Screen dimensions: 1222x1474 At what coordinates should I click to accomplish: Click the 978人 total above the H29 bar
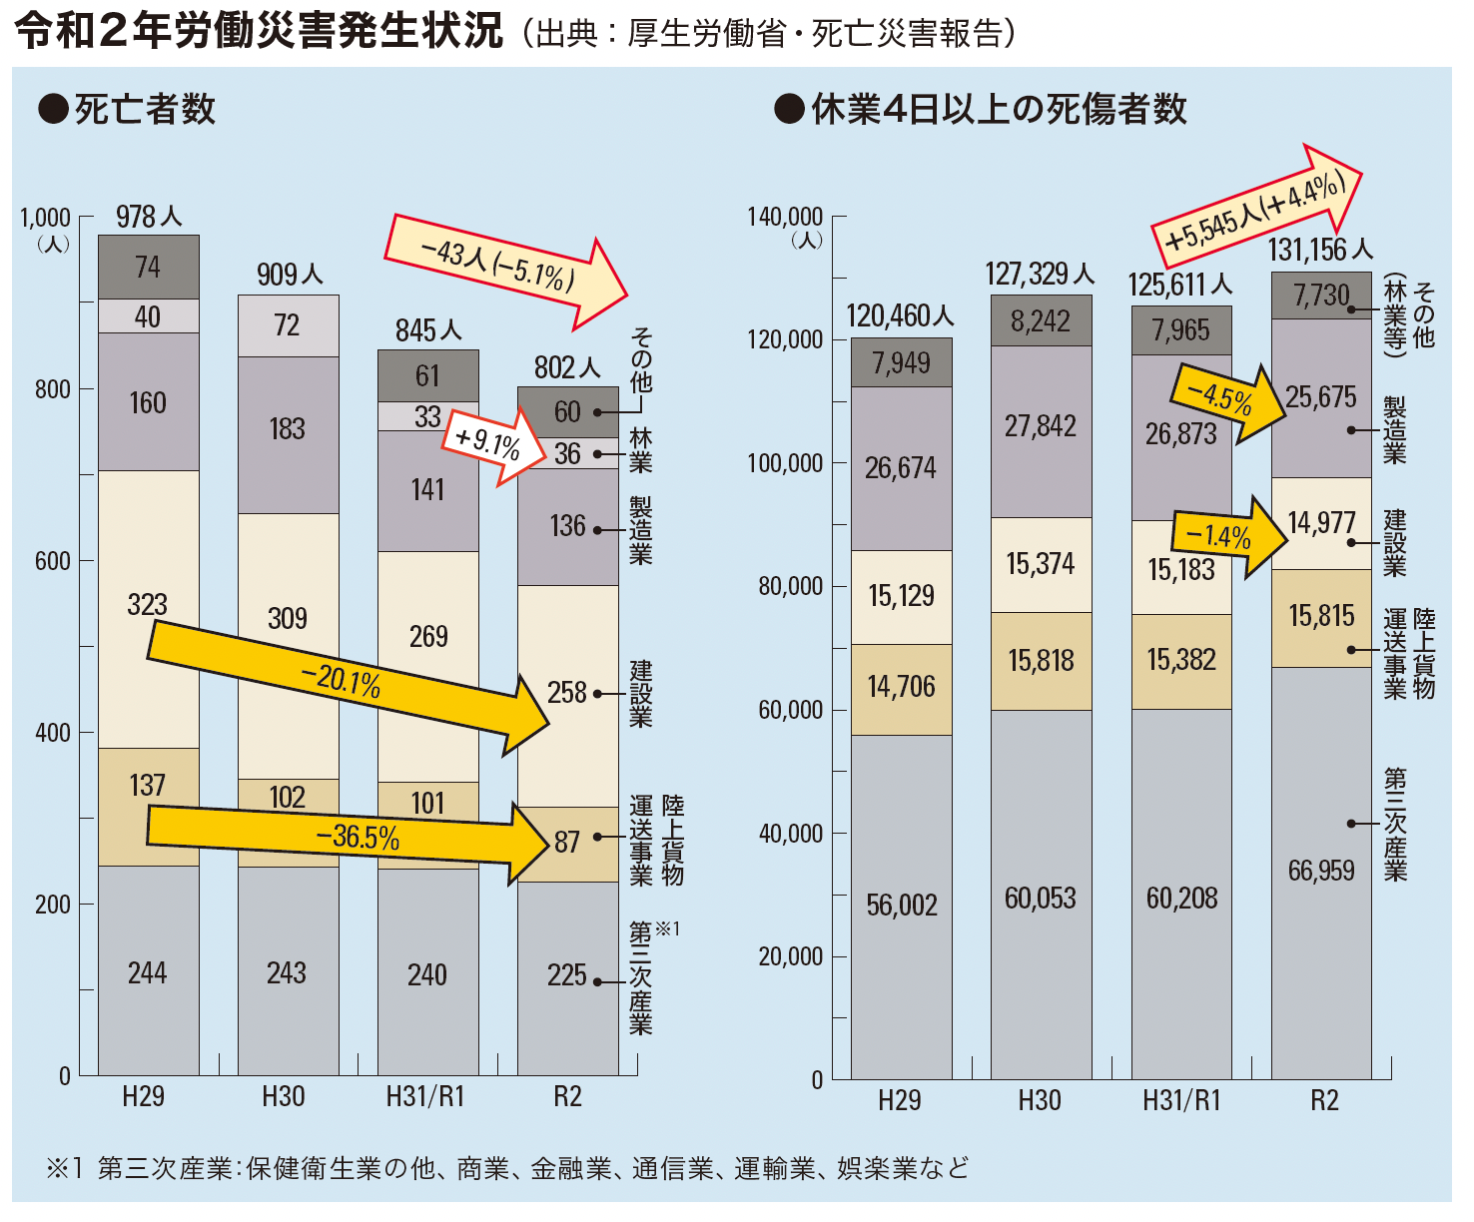pyautogui.click(x=149, y=217)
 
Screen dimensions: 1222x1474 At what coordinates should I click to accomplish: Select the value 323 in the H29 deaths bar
pyautogui.click(x=147, y=604)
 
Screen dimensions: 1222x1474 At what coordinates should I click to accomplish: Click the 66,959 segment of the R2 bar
pyautogui.click(x=1320, y=871)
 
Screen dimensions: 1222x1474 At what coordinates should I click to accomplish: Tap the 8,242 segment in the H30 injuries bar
pyautogui.click(x=1040, y=321)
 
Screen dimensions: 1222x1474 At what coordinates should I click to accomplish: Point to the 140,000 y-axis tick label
pyautogui.click(x=785, y=217)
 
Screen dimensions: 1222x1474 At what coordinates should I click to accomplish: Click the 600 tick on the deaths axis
pyautogui.click(x=52, y=561)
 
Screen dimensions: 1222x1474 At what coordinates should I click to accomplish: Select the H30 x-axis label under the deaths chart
pyautogui.click(x=284, y=1097)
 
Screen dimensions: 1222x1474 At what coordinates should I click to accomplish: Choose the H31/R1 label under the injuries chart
pyautogui.click(x=1181, y=1101)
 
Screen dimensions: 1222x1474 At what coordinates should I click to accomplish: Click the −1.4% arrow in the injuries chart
pyautogui.click(x=1228, y=537)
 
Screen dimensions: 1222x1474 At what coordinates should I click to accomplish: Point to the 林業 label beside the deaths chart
pyautogui.click(x=640, y=451)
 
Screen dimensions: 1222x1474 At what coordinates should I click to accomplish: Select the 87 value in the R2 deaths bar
pyautogui.click(x=566, y=842)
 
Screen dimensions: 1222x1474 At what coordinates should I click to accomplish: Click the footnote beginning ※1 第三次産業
pyautogui.click(x=507, y=1168)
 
